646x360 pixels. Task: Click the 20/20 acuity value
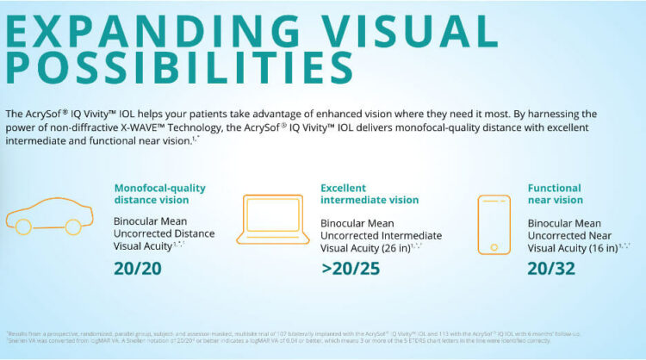(x=138, y=268)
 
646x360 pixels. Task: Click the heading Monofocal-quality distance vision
(x=160, y=194)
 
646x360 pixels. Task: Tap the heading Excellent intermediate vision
(x=370, y=194)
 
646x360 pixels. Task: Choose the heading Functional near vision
(x=555, y=194)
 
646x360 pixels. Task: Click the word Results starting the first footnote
(x=19, y=332)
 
